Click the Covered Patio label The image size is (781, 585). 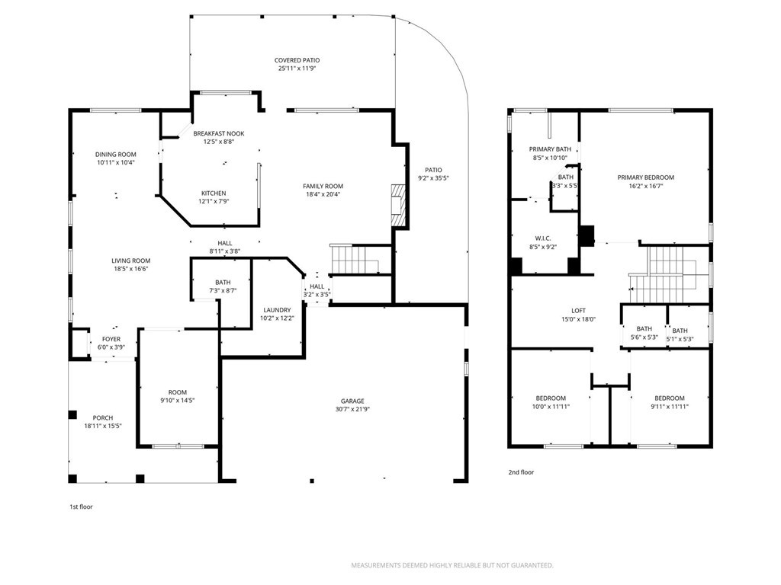click(297, 60)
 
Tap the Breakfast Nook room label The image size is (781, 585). click(218, 133)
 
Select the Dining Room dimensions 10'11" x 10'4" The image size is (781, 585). click(116, 163)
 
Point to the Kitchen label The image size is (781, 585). click(214, 193)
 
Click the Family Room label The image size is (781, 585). click(323, 186)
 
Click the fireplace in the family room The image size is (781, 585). click(396, 205)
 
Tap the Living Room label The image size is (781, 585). click(131, 260)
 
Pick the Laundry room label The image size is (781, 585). click(277, 310)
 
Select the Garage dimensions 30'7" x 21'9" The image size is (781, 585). click(352, 410)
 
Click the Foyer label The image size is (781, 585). click(111, 339)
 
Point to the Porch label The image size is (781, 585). click(103, 417)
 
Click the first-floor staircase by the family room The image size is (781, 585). click(355, 260)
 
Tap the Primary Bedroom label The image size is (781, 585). click(645, 177)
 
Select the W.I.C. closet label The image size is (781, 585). click(544, 238)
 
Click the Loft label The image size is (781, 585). click(579, 311)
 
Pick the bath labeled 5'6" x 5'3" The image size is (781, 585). click(644, 334)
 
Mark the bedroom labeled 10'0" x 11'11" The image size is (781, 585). click(550, 402)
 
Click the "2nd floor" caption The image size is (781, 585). click(521, 472)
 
